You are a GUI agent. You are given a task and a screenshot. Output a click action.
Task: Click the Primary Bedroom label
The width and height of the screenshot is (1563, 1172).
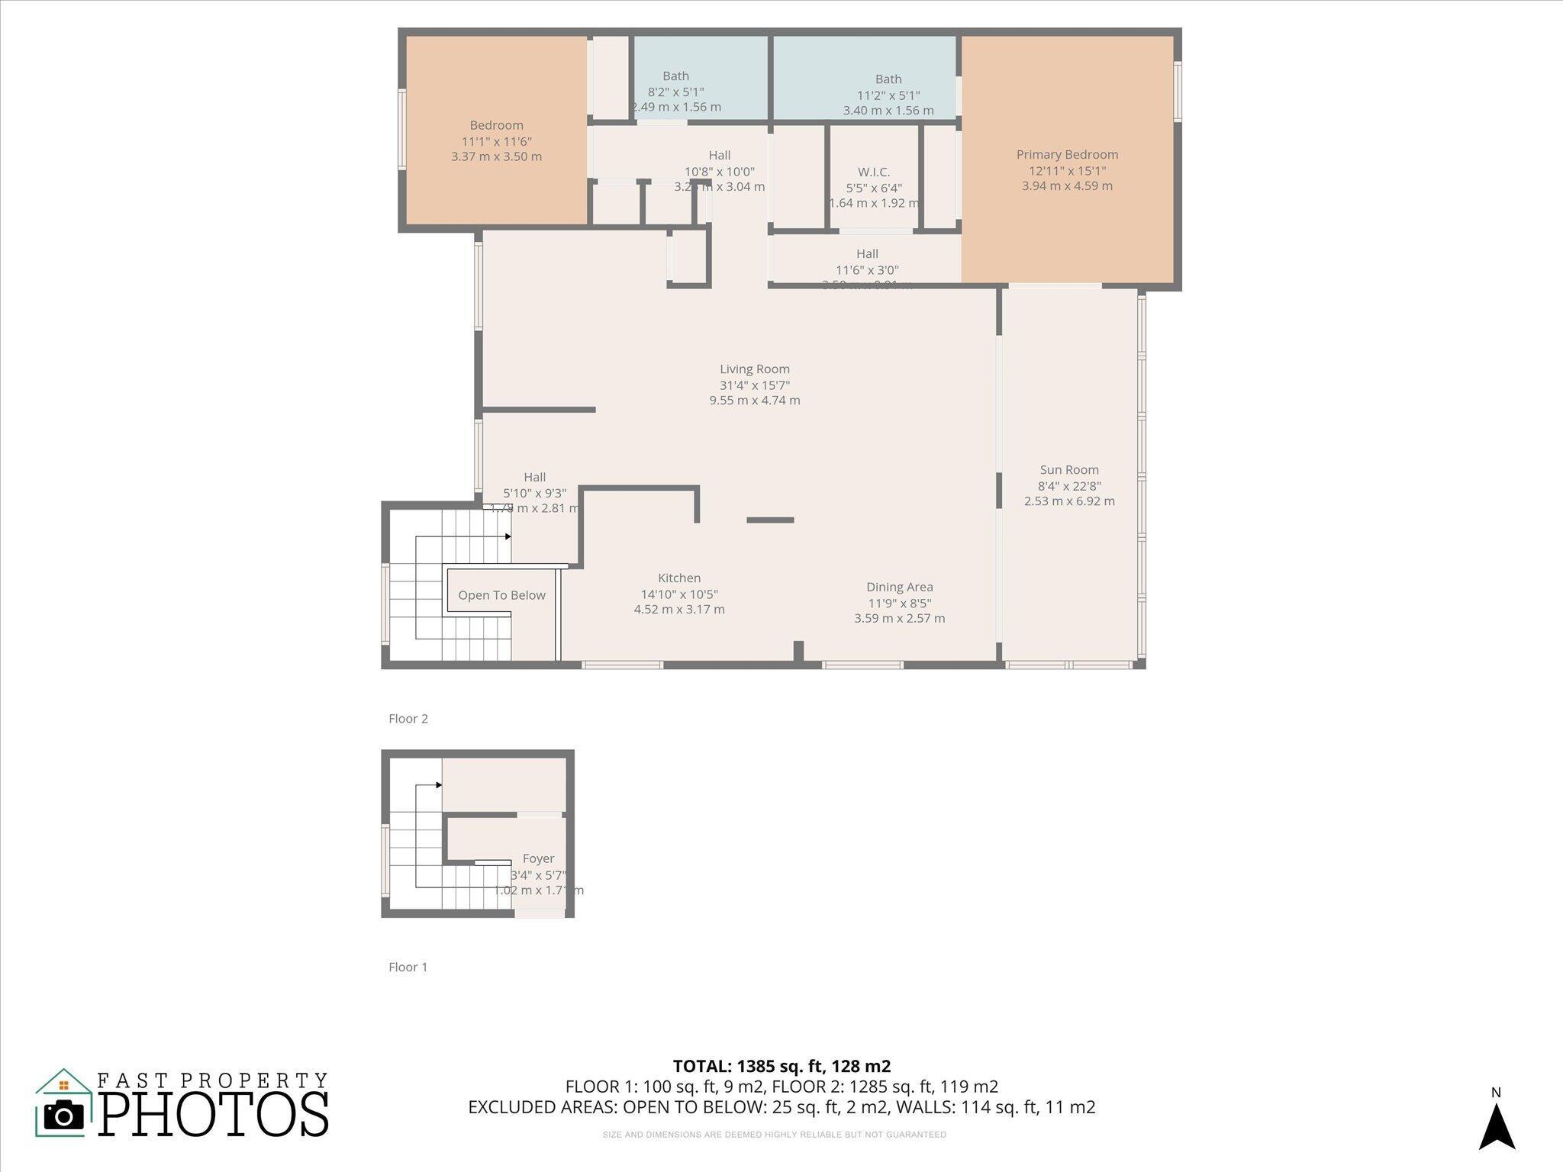(x=1067, y=154)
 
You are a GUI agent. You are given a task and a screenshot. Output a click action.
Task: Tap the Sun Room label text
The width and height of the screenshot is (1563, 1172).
(x=1069, y=470)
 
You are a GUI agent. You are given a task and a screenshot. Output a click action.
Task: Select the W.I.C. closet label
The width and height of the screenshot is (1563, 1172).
(x=874, y=172)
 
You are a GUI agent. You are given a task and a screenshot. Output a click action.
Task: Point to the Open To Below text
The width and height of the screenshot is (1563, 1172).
(x=501, y=595)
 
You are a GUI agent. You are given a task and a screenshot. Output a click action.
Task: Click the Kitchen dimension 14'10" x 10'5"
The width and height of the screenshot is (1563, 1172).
(x=679, y=594)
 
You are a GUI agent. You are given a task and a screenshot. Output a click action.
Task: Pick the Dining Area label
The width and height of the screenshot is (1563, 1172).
(x=899, y=587)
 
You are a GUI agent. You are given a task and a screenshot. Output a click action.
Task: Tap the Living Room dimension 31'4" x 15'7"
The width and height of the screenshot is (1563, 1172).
(x=754, y=385)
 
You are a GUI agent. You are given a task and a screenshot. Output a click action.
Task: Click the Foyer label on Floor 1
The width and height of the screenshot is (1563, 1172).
(x=538, y=858)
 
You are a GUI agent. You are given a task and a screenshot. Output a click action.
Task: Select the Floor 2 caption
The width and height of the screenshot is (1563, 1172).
(x=408, y=719)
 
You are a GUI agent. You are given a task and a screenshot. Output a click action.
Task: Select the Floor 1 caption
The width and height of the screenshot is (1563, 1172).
(x=408, y=968)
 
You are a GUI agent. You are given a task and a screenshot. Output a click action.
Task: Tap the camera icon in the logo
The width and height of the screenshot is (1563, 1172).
(x=63, y=1116)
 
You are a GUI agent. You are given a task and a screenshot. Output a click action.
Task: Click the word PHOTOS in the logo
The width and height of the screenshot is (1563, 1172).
(x=214, y=1115)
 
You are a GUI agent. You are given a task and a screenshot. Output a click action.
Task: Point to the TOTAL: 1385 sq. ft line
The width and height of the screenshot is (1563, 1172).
(x=781, y=1066)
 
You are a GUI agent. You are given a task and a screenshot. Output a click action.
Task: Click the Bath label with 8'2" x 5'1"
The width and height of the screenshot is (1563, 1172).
(x=675, y=76)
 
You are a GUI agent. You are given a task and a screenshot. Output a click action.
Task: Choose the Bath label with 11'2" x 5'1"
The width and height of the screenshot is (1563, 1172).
(x=888, y=79)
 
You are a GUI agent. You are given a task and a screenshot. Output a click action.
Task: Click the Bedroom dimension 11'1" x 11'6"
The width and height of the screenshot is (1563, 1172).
(x=496, y=141)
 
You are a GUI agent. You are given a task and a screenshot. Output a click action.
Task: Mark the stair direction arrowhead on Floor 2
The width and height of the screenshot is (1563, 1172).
(x=508, y=536)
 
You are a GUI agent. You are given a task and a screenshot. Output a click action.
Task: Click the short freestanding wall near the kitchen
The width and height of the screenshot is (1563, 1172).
(x=770, y=520)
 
